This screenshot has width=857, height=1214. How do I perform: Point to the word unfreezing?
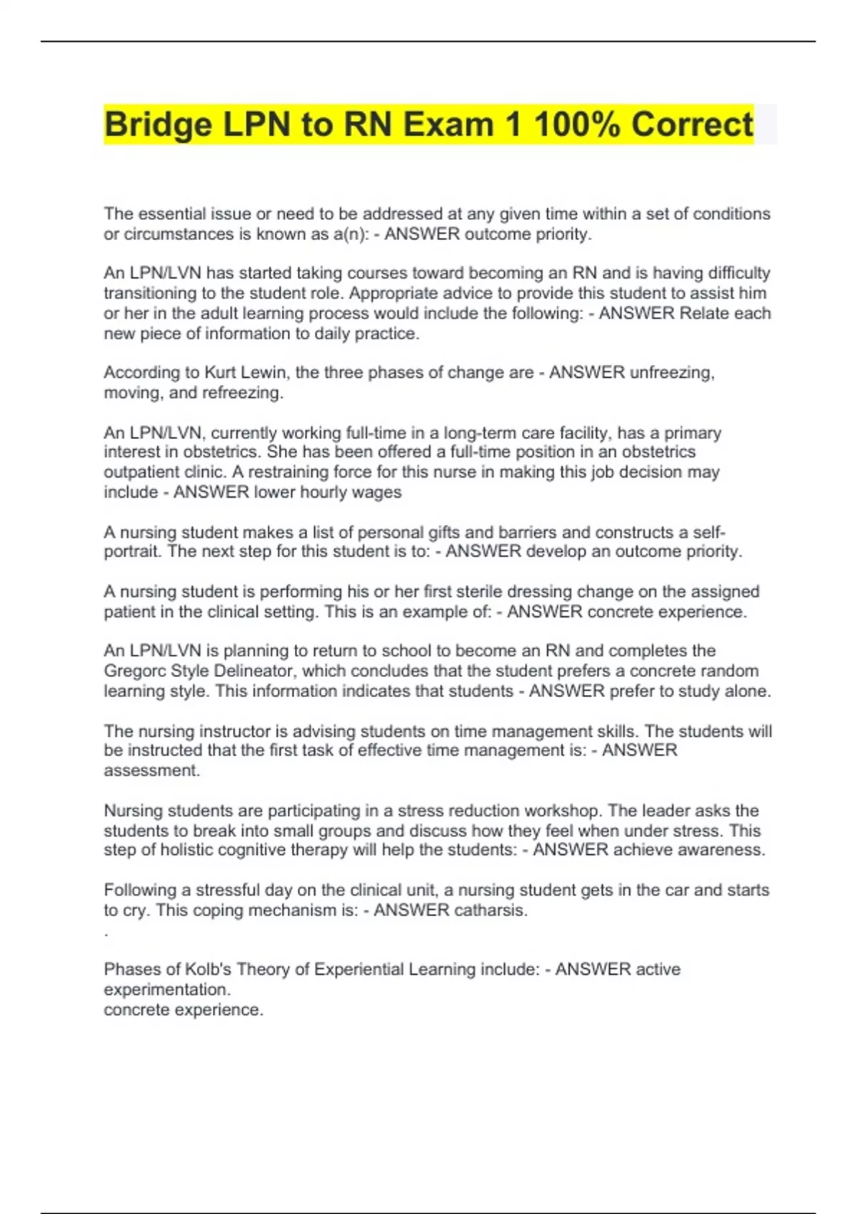671,373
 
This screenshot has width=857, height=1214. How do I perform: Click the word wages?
382,492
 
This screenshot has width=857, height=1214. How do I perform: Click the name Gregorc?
134,671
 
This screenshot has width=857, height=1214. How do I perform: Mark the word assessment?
152,771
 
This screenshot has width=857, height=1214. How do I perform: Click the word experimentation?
167,990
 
